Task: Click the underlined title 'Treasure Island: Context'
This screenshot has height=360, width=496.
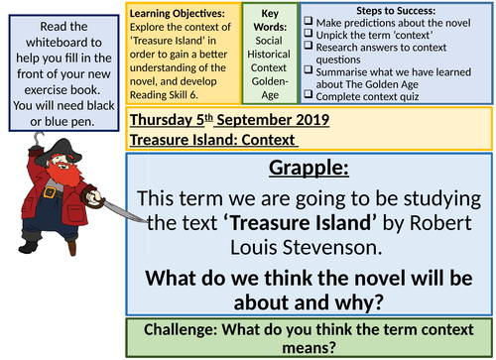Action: coord(200,140)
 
